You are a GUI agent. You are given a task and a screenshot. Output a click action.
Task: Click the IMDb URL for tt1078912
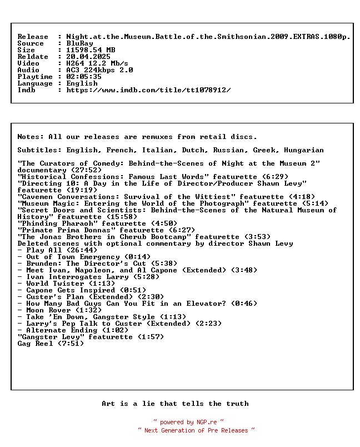(148, 90)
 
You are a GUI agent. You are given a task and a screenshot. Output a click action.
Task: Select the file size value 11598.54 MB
(91, 50)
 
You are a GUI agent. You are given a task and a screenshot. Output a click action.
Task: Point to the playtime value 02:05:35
(84, 77)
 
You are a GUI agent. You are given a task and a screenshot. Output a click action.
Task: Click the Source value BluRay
(79, 43)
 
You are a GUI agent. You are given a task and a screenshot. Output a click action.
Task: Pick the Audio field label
(28, 70)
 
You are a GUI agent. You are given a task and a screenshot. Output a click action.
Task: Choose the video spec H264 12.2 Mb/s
(97, 63)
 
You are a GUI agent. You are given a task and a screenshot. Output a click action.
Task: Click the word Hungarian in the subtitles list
(303, 150)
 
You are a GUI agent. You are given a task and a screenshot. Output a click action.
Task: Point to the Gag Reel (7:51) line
(51, 344)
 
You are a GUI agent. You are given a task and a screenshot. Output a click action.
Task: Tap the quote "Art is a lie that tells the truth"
(175, 404)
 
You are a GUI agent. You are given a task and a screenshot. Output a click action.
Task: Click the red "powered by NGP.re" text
(188, 423)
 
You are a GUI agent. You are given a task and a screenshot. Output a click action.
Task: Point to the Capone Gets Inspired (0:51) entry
(77, 290)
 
